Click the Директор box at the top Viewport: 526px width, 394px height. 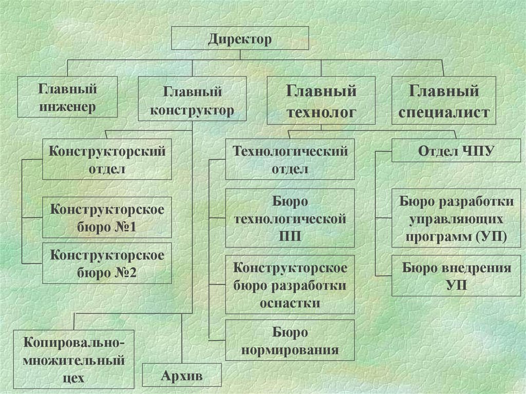tap(239, 39)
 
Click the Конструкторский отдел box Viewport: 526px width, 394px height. tap(107, 160)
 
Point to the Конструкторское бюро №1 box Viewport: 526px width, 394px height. tap(107, 218)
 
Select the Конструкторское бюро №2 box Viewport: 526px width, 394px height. tap(107, 263)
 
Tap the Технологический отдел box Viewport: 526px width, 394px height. tap(290, 160)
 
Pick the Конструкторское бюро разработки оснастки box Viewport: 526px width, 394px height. tap(290, 285)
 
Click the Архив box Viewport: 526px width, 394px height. tap(182, 376)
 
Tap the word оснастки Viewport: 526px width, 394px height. tap(290, 303)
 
